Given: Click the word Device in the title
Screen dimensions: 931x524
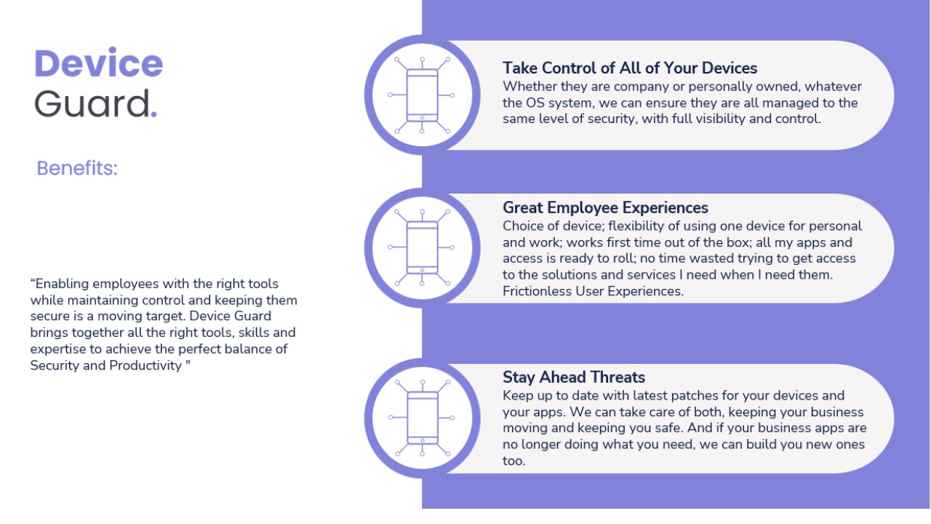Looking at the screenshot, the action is pos(98,63).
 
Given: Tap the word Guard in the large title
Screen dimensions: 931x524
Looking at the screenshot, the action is pos(92,103).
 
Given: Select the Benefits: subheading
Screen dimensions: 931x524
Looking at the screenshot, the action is pos(77,168).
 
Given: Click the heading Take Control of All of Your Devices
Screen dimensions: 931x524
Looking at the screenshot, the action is pos(630,68).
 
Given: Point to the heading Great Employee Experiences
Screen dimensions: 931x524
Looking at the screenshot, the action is pos(605,207).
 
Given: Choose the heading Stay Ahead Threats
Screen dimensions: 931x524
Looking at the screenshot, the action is pos(574,377).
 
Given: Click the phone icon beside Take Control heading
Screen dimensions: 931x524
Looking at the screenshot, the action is pos(422,95).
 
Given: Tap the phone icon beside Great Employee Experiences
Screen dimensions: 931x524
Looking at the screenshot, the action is pos(422,247).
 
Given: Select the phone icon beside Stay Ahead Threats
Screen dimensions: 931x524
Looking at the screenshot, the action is pos(422,418).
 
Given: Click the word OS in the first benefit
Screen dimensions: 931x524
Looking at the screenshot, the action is pos(535,103).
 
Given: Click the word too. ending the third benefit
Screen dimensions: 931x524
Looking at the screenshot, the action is pos(514,461).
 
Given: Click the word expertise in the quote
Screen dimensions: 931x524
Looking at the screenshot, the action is pos(57,349).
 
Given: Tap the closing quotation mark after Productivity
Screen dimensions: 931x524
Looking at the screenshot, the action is pos(188,362).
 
